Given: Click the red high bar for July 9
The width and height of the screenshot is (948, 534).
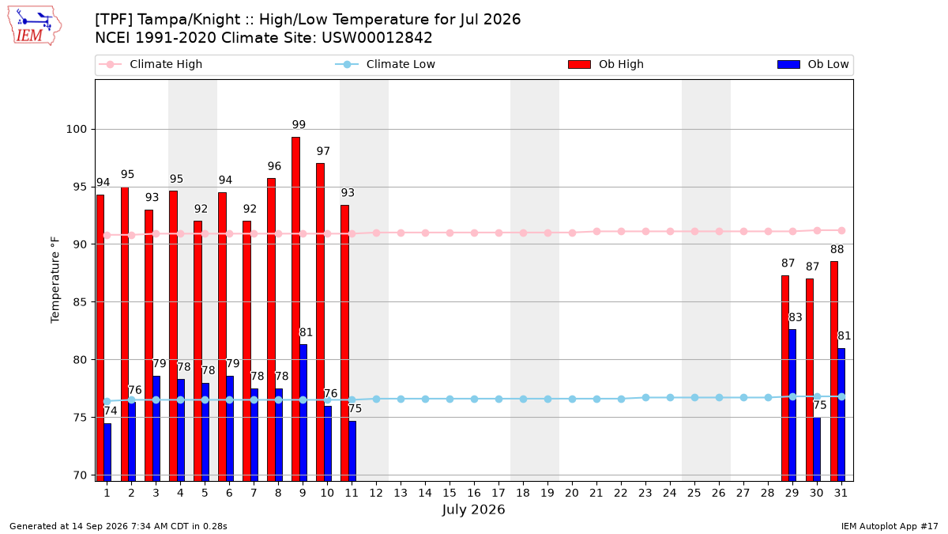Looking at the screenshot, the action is (295, 309).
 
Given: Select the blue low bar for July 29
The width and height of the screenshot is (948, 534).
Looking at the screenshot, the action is (792, 405).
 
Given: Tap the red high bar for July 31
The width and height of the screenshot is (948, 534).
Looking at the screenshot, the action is (834, 371).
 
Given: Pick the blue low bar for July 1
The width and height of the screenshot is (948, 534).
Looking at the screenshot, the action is (107, 453).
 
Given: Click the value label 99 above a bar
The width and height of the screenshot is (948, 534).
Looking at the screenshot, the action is (299, 125).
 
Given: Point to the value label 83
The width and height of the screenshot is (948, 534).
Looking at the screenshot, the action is (796, 317).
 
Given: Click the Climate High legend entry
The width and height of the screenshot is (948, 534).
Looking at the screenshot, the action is (151, 64).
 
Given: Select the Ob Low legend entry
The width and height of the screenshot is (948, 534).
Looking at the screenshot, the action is (813, 64).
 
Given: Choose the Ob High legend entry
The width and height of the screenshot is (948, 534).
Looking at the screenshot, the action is (606, 64).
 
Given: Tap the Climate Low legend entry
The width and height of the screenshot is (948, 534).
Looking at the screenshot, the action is (386, 64).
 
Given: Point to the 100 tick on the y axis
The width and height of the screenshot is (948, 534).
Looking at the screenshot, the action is (76, 129).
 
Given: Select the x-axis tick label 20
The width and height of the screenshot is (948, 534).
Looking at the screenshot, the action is (572, 493).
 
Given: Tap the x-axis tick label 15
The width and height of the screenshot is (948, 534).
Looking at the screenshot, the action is (450, 493).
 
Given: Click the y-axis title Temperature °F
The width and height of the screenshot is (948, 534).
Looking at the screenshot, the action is (55, 280).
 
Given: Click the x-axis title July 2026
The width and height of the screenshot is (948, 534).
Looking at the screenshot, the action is (473, 509).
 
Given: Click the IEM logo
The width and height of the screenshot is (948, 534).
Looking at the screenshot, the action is (34, 26).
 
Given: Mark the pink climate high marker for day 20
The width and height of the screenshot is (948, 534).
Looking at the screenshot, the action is (572, 233).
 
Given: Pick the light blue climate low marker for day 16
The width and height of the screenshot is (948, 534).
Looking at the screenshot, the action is (475, 400).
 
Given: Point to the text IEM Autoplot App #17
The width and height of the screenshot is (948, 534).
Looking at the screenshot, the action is (890, 526).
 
